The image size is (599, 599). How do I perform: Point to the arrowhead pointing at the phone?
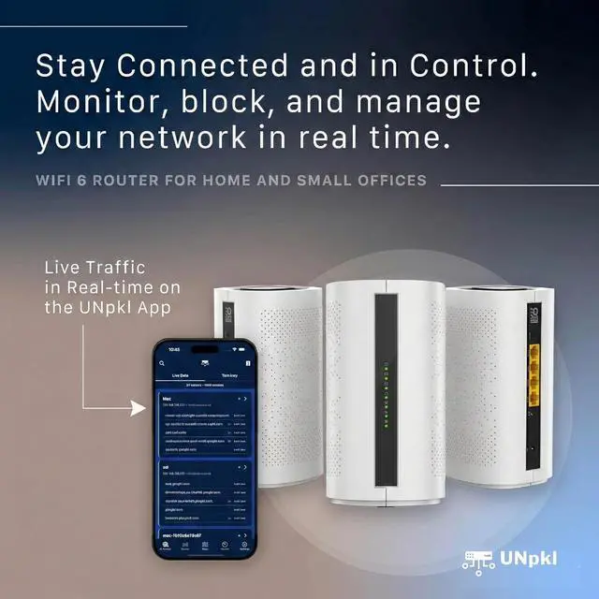(147, 406)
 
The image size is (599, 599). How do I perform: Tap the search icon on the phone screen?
(162, 361)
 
